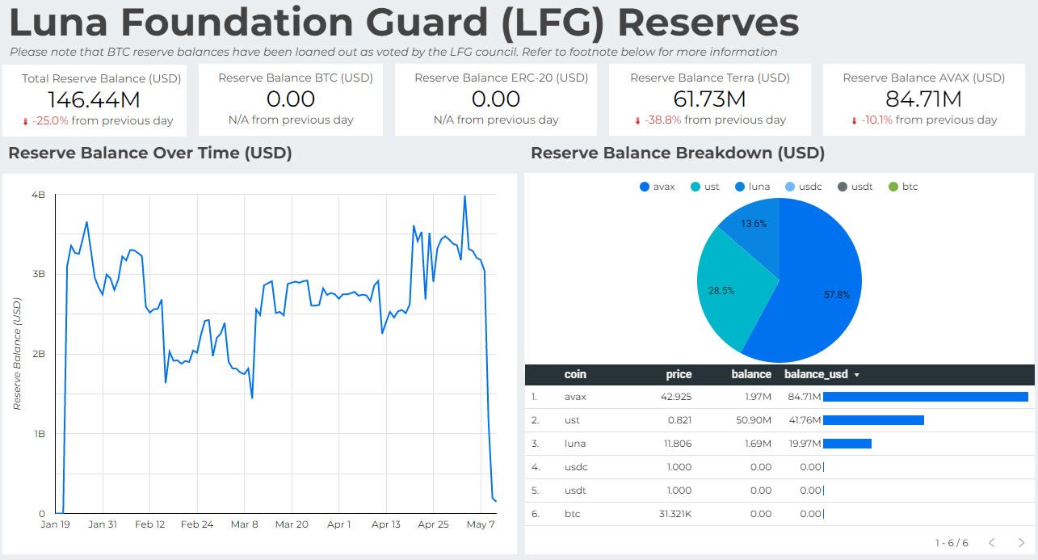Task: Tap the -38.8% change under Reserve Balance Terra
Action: pos(662,120)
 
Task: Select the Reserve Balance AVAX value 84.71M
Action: pos(923,100)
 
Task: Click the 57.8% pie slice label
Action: pos(837,295)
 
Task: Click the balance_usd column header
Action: pos(817,374)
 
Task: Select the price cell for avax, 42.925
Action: pos(675,397)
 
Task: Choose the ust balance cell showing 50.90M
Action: pos(755,420)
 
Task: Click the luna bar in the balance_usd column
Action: pos(847,444)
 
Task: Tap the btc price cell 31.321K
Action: pos(674,514)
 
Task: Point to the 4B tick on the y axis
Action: pos(38,195)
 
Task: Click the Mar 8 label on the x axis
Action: pos(244,524)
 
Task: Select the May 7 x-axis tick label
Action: pos(481,524)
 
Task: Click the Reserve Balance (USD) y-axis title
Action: pos(17,354)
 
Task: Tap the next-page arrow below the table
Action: pos(1021,542)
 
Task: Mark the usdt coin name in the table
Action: pos(576,491)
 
